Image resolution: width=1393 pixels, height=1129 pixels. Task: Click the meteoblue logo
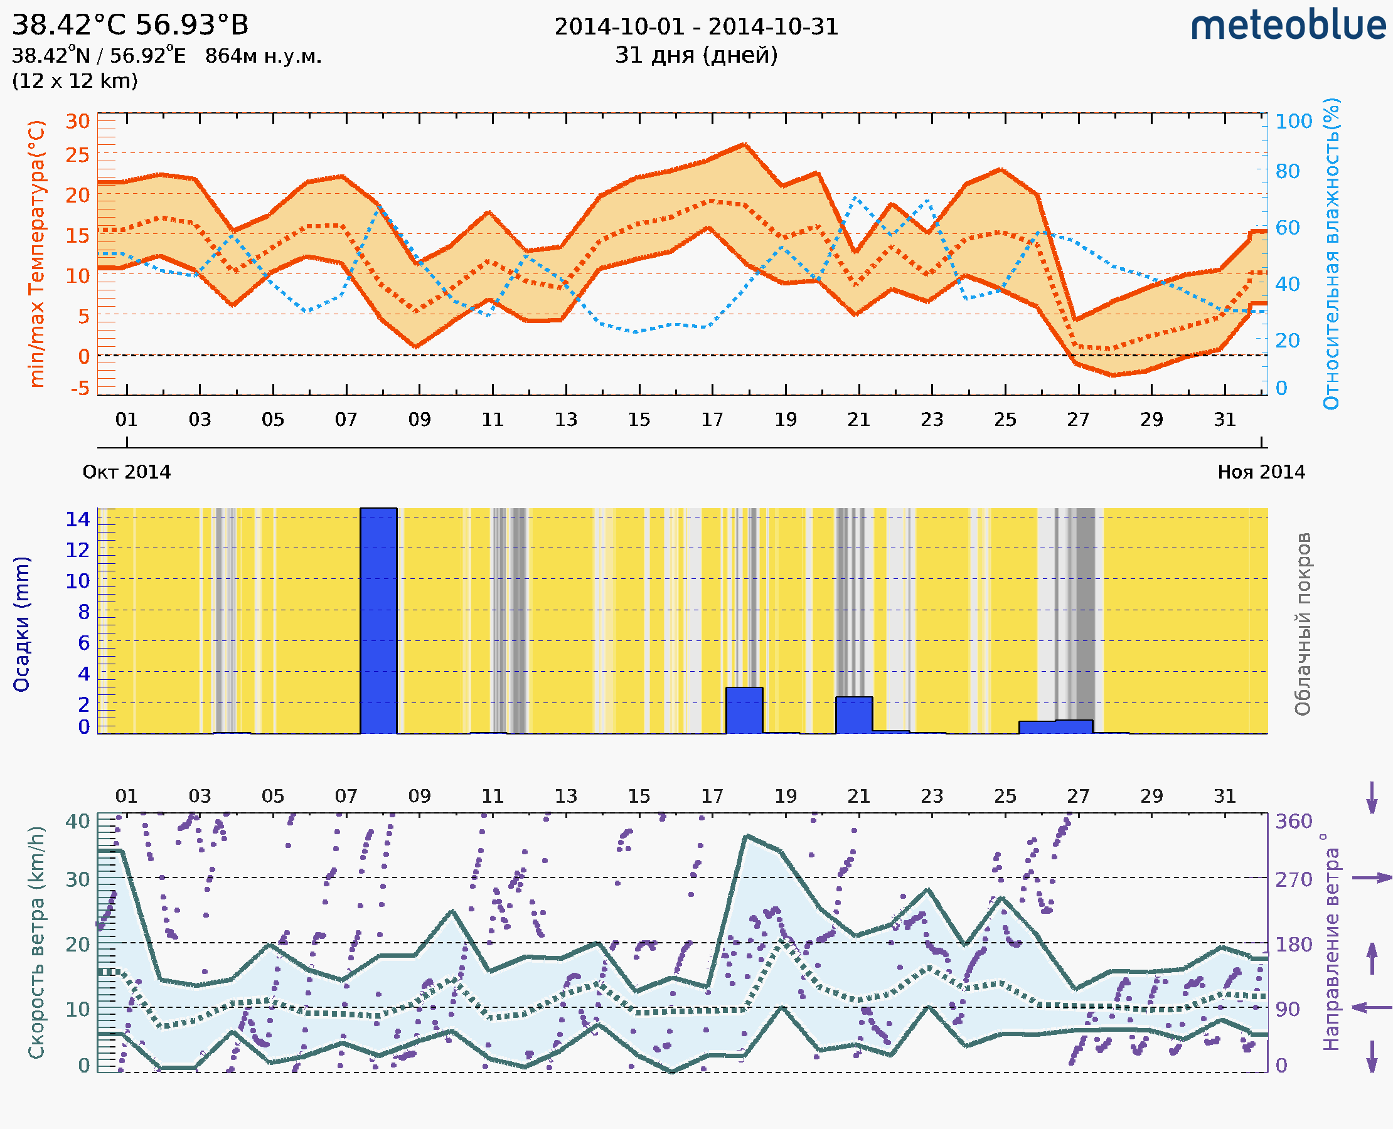pos(1288,26)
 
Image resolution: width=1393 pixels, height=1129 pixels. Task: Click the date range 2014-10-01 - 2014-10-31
pos(696,27)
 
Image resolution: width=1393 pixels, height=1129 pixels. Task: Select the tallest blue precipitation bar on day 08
pos(378,621)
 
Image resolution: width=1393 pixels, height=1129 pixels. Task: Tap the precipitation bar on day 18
pos(744,710)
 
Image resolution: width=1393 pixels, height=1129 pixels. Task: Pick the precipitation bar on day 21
pos(853,715)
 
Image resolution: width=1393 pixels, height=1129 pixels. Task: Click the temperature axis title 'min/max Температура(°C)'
pos(37,253)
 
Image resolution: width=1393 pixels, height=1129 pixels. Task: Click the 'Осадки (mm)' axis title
pos(21,624)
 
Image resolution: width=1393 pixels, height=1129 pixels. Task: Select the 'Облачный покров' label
pos(1303,624)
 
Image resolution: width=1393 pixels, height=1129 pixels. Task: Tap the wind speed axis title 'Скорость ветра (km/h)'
pos(36,942)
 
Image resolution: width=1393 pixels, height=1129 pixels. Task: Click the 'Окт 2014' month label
pos(127,472)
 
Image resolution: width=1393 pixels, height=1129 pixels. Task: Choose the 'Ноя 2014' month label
pos(1261,472)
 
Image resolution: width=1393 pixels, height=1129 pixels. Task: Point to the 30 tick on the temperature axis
pos(77,122)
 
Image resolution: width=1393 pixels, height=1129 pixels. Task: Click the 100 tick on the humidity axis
pos(1293,122)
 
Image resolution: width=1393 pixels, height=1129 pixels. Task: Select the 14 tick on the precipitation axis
pos(77,518)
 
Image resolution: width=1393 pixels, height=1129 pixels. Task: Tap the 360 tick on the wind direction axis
pos(1293,822)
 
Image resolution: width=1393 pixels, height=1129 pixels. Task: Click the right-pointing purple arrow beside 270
pos(1372,878)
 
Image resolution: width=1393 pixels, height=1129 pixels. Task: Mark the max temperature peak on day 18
pos(744,144)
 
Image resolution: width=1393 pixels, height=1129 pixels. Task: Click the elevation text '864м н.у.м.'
pos(264,56)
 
